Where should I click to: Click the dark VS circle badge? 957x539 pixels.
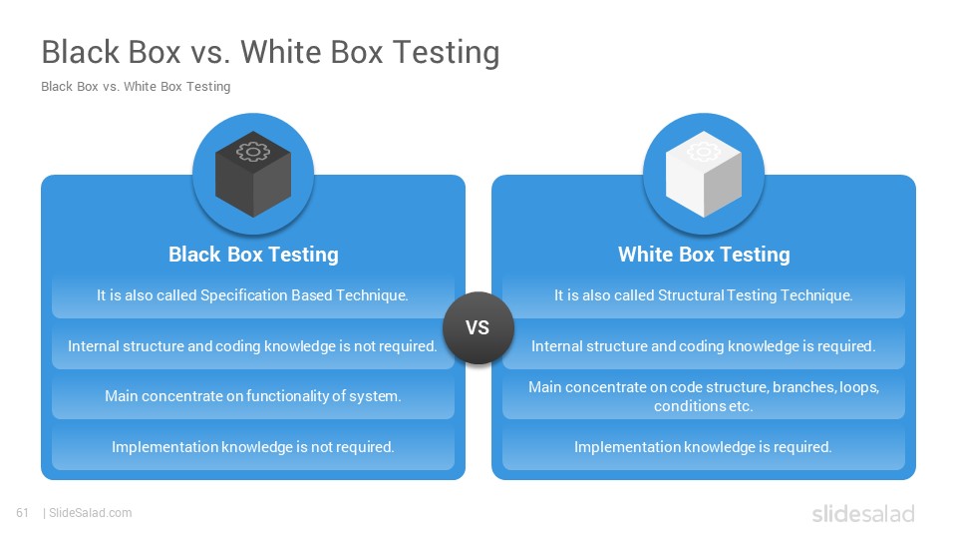[478, 327]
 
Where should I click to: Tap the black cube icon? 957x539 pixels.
[253, 174]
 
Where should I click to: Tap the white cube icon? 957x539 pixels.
[704, 174]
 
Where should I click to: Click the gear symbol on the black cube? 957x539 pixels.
[252, 151]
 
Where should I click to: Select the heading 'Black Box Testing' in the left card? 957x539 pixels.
[253, 255]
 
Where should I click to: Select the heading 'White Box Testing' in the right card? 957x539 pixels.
[704, 255]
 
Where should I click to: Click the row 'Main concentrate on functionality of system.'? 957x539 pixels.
[253, 396]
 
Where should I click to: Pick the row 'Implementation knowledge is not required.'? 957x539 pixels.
[253, 447]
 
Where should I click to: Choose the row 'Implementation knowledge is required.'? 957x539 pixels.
[704, 447]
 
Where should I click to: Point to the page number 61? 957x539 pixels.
[23, 513]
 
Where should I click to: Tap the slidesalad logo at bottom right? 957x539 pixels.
[863, 513]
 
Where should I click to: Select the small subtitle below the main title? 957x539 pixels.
[136, 86]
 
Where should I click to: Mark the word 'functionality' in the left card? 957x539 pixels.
[287, 396]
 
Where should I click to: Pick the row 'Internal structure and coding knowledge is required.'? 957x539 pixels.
[704, 346]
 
